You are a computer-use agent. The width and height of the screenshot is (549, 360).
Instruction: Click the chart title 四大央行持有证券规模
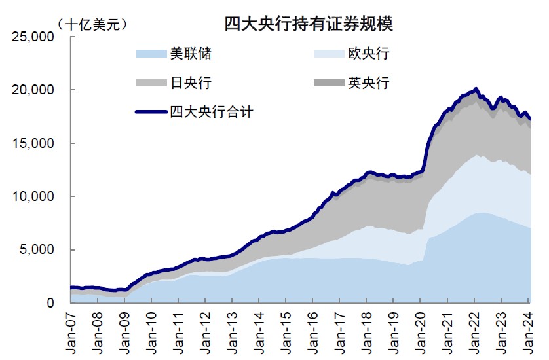point(309,25)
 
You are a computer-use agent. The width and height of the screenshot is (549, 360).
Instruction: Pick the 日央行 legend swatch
point(151,83)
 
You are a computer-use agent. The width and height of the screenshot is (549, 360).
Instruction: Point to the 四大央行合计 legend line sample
point(151,112)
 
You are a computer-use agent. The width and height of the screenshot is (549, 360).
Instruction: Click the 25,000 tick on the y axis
point(37,37)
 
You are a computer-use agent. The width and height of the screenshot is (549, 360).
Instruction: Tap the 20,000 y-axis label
point(37,90)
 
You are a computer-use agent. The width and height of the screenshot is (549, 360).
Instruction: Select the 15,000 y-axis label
point(37,143)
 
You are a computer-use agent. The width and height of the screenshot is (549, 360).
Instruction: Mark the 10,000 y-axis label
point(37,196)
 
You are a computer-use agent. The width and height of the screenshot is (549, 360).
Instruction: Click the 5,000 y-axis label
point(40,249)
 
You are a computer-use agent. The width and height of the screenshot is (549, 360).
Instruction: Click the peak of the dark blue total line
point(476,88)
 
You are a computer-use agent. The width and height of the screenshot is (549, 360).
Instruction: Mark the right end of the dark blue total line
point(530,119)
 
